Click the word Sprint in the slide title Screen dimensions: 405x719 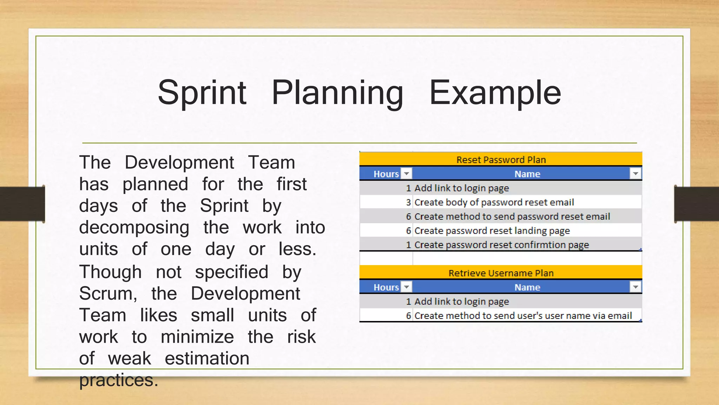(x=202, y=93)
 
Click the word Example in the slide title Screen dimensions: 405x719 (x=495, y=93)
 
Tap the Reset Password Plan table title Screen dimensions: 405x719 (x=501, y=160)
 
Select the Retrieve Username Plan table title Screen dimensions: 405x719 (x=501, y=273)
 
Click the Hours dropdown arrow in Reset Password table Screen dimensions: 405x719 (x=407, y=174)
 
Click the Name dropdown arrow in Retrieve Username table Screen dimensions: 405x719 (x=635, y=287)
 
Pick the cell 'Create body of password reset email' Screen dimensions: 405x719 (x=494, y=202)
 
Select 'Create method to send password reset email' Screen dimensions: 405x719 (x=512, y=217)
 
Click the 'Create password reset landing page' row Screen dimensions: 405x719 (x=492, y=231)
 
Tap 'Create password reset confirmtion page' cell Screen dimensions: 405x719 (x=501, y=245)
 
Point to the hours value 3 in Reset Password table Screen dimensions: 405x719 (x=408, y=202)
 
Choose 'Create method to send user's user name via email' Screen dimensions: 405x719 (x=523, y=316)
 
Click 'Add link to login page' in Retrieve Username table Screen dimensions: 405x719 (x=461, y=302)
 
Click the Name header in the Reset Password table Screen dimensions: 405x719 (x=527, y=174)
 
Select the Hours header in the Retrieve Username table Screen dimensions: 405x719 (x=386, y=287)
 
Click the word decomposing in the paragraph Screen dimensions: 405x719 (x=134, y=227)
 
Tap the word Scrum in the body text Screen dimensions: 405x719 (x=107, y=294)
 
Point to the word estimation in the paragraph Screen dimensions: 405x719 (x=207, y=359)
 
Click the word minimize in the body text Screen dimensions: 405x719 (x=197, y=337)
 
